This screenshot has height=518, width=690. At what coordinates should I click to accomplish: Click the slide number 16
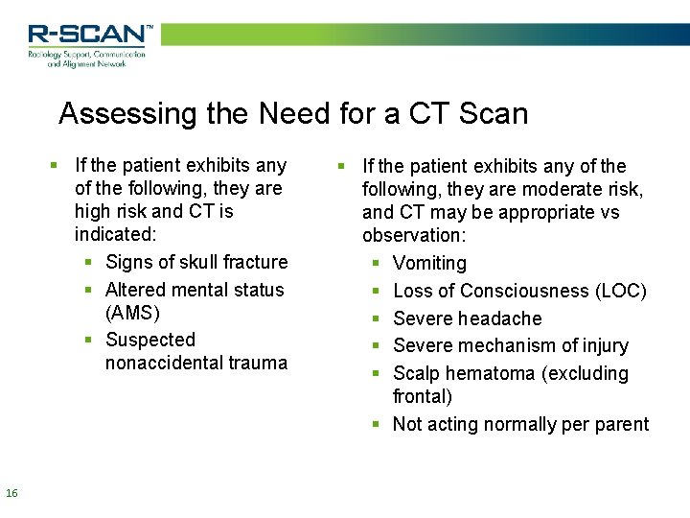[x=11, y=493]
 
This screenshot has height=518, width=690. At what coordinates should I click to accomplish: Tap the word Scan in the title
[x=494, y=114]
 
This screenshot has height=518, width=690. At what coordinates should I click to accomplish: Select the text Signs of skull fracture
[x=196, y=262]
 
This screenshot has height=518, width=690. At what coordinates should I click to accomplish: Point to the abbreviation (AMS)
[x=132, y=313]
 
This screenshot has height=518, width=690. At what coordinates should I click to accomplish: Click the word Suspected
[x=150, y=340]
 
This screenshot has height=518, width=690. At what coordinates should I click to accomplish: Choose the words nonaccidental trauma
[x=196, y=363]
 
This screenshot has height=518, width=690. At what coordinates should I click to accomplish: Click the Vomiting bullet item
[x=429, y=263]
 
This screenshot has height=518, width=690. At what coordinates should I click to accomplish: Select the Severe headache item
[x=467, y=318]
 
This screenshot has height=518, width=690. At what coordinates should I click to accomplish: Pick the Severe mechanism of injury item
[x=511, y=345]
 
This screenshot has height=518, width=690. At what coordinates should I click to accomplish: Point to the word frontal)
[x=422, y=396]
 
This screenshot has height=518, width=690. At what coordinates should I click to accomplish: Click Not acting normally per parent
[x=520, y=424]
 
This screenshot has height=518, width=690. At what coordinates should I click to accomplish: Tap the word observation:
[x=414, y=235]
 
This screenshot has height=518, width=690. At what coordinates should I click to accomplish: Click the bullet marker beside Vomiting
[x=375, y=263]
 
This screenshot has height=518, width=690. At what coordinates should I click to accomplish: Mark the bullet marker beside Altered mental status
[x=87, y=290]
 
